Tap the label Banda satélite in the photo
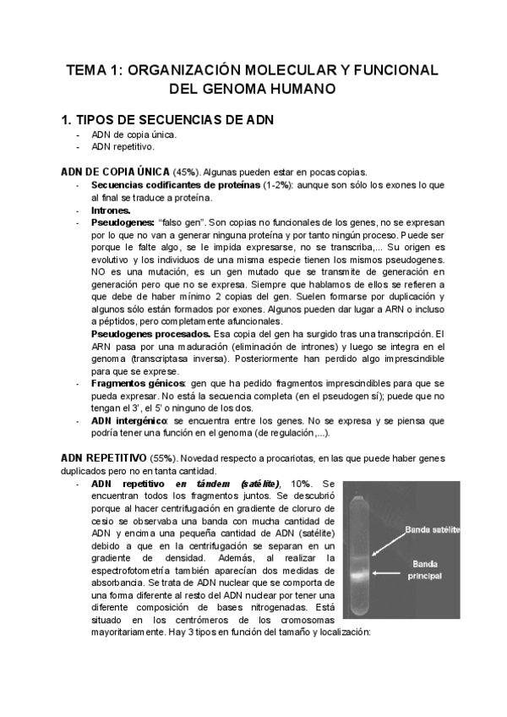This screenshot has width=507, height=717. [x=433, y=529]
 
